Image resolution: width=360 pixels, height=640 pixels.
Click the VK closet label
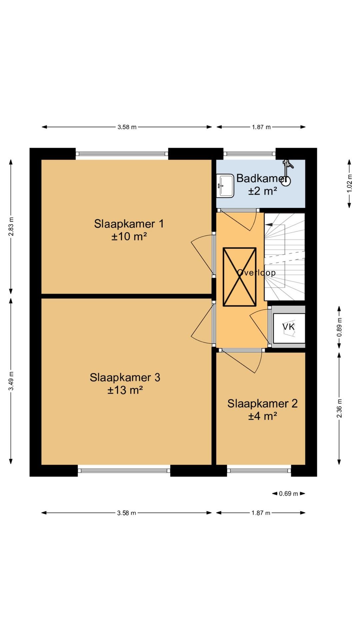pos(289,327)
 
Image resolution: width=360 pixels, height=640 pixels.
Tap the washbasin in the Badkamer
pos(225,186)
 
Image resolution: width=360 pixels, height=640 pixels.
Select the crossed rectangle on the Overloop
pos(239,277)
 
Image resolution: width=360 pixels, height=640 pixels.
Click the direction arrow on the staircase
pos(269,225)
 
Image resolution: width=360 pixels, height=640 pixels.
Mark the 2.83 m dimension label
pos(11,226)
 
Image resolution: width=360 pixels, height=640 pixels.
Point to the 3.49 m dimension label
pos(11,381)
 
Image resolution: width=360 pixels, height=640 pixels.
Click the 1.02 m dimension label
pos(349,183)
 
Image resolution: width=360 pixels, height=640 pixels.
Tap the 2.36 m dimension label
pos(339,408)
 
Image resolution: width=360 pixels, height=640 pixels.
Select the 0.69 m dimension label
pos(289,494)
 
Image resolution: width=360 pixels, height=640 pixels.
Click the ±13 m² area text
pos(125,390)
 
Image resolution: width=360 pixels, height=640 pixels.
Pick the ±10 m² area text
pos(129,236)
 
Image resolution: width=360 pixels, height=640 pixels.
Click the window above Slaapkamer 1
pos(122,154)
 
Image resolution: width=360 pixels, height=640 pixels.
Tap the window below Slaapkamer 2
pos(259,471)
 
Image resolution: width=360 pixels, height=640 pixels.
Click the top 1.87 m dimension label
pos(261,127)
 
